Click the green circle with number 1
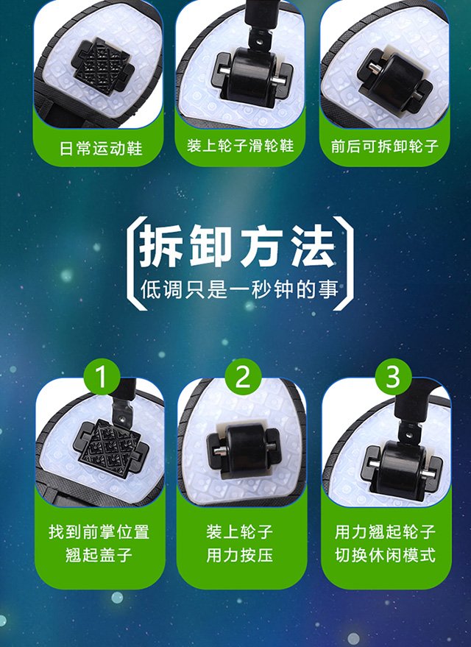[102, 377]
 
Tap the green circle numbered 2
[243, 377]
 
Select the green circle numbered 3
[393, 377]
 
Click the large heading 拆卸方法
[237, 247]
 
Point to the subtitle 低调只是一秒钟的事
[240, 289]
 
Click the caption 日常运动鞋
[101, 149]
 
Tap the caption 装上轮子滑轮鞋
[241, 146]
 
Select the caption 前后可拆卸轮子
[384, 146]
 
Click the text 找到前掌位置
[99, 531]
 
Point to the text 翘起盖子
[99, 555]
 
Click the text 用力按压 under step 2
[240, 555]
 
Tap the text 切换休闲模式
[385, 555]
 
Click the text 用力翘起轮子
[385, 531]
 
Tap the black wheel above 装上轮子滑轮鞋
[249, 78]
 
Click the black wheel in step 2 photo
[244, 449]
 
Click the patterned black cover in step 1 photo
[110, 448]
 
